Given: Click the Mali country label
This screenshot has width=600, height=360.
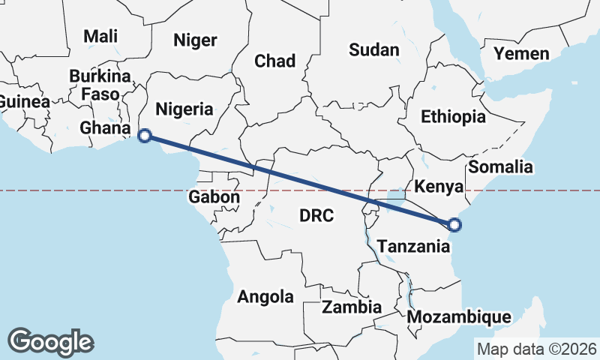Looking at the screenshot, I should tap(100, 36).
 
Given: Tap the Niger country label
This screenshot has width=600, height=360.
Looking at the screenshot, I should tap(195, 40).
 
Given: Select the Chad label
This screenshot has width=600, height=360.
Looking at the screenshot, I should tap(274, 61).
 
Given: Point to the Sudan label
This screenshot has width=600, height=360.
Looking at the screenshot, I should tap(374, 50).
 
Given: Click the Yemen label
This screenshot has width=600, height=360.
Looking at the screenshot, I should tap(521, 54).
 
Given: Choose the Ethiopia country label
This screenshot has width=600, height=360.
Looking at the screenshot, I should tap(453, 117).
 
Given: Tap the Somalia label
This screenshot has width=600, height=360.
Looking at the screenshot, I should tap(500, 166).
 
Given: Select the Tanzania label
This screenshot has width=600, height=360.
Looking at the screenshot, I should tap(413, 246).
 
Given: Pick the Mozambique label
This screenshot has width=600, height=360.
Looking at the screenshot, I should tap(459, 317).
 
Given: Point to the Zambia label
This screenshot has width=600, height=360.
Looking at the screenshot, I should tap(352, 307).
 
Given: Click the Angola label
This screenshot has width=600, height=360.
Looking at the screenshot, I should tap(265, 297).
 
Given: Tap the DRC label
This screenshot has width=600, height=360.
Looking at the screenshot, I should tap(316, 216).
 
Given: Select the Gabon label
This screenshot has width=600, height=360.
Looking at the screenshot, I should tap(214, 197).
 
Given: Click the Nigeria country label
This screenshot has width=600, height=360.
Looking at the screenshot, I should tap(184, 109).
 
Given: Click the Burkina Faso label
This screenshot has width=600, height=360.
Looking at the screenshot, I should tap(94, 85).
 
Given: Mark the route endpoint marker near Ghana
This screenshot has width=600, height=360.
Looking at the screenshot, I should tap(145, 136).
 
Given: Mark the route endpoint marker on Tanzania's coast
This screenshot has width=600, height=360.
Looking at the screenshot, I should tap(453, 223).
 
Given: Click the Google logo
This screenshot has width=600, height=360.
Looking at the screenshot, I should tap(50, 341).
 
